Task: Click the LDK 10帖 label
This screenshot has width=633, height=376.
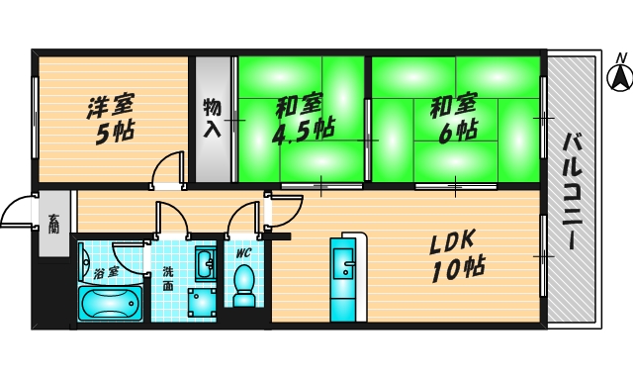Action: (x=454, y=252)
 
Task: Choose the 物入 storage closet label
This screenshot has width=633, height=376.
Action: (x=212, y=117)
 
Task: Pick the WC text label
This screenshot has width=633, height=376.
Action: (x=243, y=253)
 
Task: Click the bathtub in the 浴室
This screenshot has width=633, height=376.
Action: (x=110, y=302)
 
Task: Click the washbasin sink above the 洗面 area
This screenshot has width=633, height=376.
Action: (x=205, y=265)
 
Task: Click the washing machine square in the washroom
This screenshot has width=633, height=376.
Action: (x=203, y=301)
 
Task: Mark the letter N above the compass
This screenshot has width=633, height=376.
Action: (x=618, y=57)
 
